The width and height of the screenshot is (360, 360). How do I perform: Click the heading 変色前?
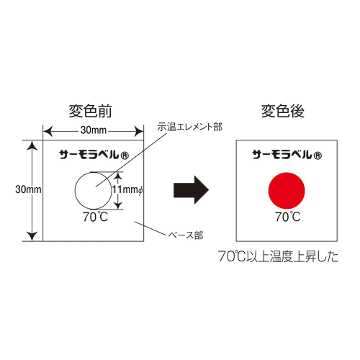click(91, 111)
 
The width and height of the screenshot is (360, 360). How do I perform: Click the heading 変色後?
click(283, 111)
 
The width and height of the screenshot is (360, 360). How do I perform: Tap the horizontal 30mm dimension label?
click(94, 130)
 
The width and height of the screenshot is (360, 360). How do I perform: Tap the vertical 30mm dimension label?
click(28, 189)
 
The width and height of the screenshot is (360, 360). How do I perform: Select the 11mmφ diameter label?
click(128, 189)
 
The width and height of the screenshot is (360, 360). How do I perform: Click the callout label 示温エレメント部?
click(189, 127)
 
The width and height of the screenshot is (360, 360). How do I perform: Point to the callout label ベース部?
click(186, 235)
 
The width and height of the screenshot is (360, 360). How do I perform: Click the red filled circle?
click(287, 191)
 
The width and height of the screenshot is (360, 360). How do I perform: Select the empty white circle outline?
click(75, 191)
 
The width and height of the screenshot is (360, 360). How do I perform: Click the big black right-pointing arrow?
click(191, 190)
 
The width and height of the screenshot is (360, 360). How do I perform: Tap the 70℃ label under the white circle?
click(96, 217)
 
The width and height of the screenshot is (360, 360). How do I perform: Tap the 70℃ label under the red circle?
click(287, 217)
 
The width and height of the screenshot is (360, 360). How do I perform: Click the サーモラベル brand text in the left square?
click(89, 155)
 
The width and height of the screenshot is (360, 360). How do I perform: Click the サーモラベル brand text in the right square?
click(282, 155)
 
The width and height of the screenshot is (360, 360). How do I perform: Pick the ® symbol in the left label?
click(124, 156)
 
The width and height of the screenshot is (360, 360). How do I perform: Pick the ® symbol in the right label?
click(317, 156)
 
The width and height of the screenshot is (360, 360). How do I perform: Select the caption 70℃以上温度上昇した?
click(279, 256)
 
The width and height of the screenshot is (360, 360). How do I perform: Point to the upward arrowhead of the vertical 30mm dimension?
click(32, 145)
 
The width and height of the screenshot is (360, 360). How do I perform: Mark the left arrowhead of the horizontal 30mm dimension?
click(48, 131)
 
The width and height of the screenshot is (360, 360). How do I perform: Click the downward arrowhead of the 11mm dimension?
click(117, 205)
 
